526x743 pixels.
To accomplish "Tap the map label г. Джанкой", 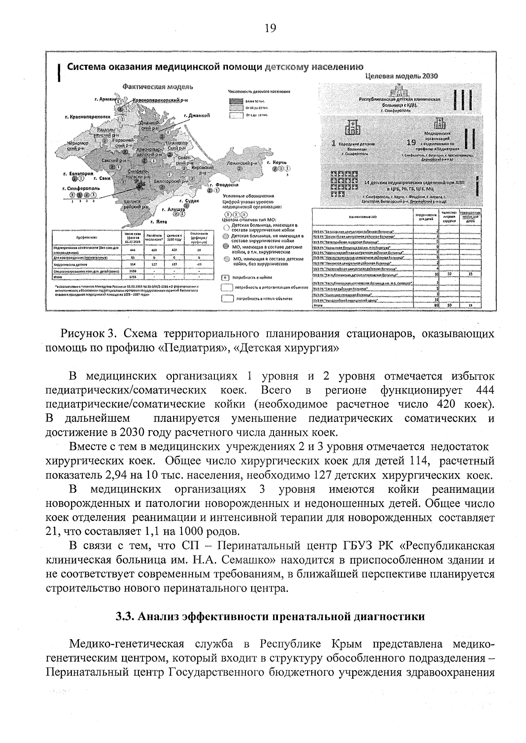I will pyautogui.click(x=197, y=116).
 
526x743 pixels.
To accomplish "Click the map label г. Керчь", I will pyautogui.click(x=276, y=163).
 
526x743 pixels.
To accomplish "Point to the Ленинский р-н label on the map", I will pyautogui.click(x=241, y=163).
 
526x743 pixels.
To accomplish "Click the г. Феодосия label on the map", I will pyautogui.click(x=227, y=185).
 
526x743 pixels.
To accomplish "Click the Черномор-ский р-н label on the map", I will pyautogui.click(x=78, y=146).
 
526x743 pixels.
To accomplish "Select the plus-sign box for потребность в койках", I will pyautogui.click(x=225, y=277).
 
